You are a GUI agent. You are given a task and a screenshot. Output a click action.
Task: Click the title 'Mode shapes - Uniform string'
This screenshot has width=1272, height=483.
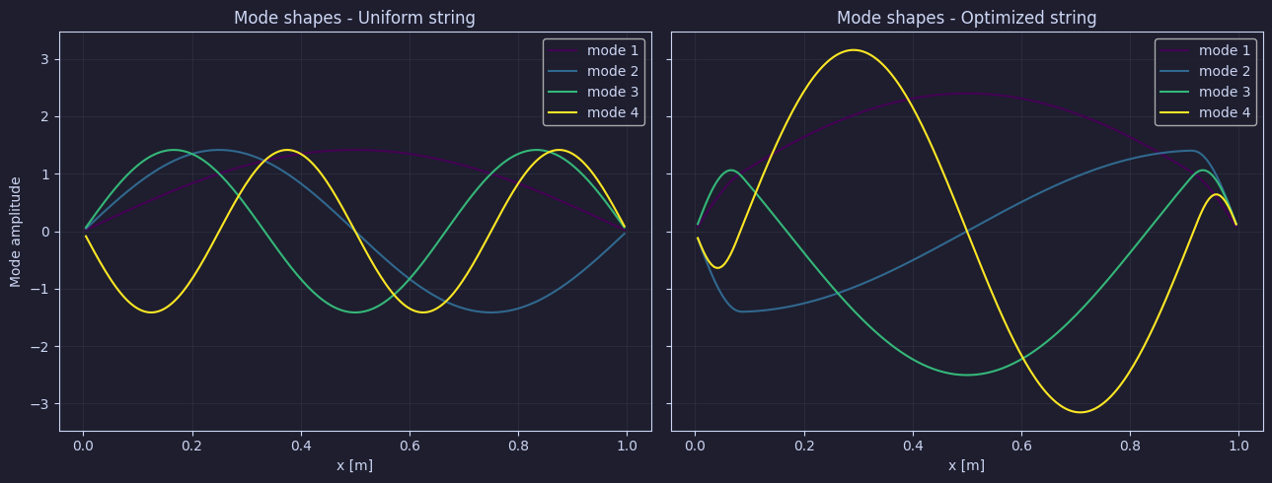click(354, 18)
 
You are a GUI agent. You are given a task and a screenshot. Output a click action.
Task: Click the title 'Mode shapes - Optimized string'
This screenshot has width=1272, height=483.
click(966, 18)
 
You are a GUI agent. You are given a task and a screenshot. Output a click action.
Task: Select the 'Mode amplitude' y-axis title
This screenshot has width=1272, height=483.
click(16, 232)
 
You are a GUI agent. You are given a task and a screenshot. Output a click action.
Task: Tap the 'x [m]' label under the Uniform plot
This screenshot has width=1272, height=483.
click(355, 465)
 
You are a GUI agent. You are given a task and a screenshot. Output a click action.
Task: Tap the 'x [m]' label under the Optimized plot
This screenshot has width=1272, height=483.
click(966, 465)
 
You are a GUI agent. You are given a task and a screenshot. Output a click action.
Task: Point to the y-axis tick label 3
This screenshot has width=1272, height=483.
click(44, 59)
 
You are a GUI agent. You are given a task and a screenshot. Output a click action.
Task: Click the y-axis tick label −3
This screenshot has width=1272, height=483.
click(39, 404)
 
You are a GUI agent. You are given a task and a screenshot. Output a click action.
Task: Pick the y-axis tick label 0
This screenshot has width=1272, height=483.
click(44, 232)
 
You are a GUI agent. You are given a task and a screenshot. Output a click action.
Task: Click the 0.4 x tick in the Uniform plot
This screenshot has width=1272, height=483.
click(301, 447)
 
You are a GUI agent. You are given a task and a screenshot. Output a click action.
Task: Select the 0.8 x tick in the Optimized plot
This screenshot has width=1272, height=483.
click(1130, 447)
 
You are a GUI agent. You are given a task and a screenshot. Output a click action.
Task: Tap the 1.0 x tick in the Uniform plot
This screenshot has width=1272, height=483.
click(627, 447)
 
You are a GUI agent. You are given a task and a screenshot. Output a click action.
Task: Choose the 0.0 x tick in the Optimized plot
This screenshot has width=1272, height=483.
click(695, 447)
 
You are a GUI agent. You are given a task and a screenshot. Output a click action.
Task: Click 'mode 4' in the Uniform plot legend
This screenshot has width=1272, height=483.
click(613, 112)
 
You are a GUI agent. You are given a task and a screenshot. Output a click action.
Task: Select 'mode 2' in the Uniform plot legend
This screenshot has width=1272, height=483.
click(613, 71)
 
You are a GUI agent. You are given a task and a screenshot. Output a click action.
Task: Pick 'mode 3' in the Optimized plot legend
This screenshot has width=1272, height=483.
click(1225, 92)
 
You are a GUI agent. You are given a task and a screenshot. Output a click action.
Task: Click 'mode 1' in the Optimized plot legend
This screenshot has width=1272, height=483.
click(1225, 50)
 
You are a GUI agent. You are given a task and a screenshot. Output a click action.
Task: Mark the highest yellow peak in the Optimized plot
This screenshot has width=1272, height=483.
click(854, 50)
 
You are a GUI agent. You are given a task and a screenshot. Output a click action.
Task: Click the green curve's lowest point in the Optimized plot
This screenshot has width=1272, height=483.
click(966, 375)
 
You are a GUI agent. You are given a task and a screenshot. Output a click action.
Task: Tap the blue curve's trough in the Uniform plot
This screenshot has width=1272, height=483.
click(490, 312)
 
